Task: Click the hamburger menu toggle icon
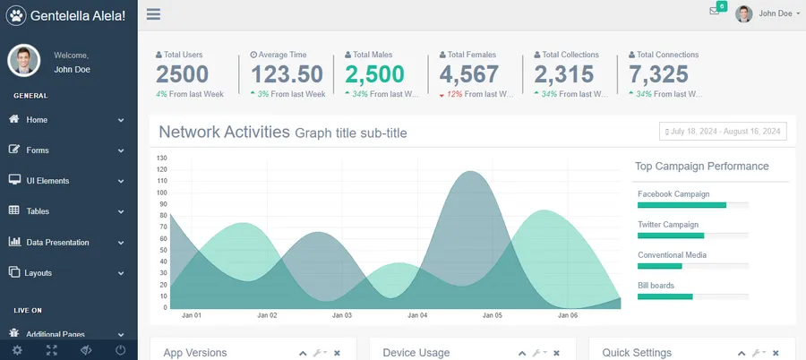[153, 14]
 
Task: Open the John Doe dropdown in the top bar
[767, 13]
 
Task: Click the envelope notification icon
[715, 11]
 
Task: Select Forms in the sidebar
[38, 150]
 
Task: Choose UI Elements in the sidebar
[47, 181]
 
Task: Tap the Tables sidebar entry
[38, 211]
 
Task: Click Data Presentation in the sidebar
[57, 242]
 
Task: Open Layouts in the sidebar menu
[39, 272]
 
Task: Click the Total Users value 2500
[182, 74]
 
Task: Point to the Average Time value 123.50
[287, 74]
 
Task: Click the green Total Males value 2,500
[374, 74]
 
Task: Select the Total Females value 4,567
[468, 74]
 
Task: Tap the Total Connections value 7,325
[658, 74]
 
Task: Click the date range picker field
[723, 132]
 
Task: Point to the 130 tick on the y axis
[162, 159]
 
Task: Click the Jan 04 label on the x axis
[417, 315]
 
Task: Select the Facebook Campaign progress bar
[692, 205]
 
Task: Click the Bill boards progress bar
[692, 296]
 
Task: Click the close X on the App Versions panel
[337, 354]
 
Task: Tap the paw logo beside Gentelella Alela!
[16, 15]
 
